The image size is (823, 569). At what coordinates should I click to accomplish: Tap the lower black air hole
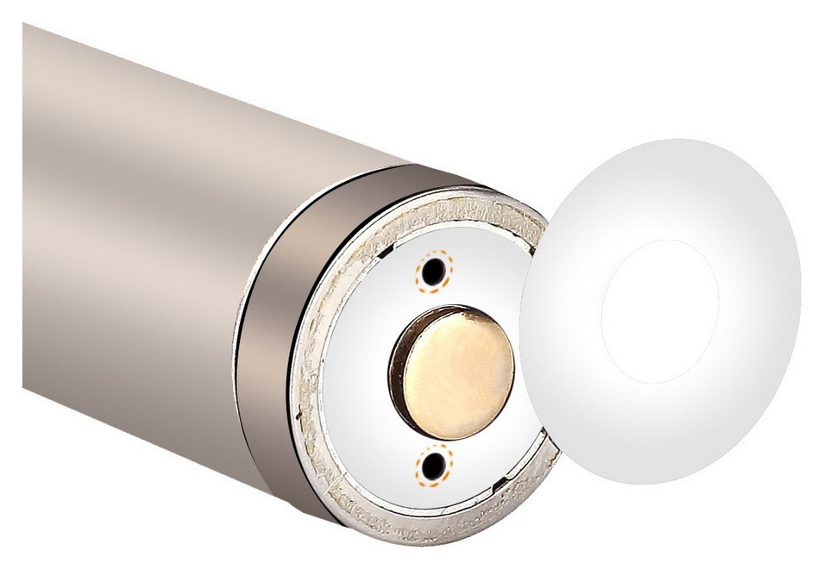coord(433,466)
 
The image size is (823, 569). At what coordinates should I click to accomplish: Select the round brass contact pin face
coord(457,372)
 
